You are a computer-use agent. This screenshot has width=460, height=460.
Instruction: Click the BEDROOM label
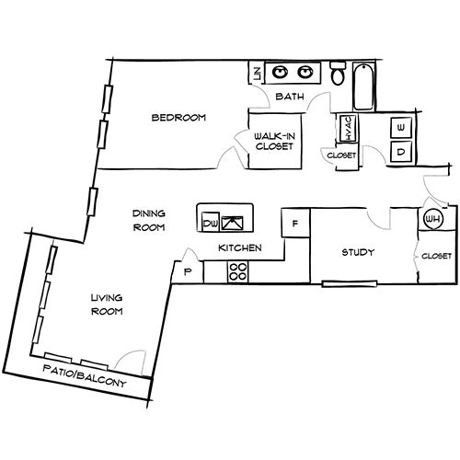tap(178, 118)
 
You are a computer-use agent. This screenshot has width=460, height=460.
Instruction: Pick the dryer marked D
tap(401, 150)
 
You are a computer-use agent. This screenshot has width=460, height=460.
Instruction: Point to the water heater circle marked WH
tap(431, 220)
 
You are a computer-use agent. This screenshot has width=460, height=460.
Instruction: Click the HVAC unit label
tap(349, 129)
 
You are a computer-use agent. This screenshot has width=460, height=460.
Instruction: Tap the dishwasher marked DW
tap(209, 222)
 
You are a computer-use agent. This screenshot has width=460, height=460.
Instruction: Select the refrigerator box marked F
tap(295, 224)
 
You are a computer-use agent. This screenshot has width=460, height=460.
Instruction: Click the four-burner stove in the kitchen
tap(237, 272)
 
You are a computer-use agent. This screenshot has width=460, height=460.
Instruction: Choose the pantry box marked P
tap(189, 271)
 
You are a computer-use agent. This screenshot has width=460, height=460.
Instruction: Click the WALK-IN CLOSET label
tap(275, 141)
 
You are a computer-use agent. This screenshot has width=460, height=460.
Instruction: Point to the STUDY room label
tap(357, 253)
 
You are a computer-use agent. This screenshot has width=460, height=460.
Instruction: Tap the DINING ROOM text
tap(147, 219)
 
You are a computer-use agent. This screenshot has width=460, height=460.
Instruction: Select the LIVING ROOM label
tap(107, 305)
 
